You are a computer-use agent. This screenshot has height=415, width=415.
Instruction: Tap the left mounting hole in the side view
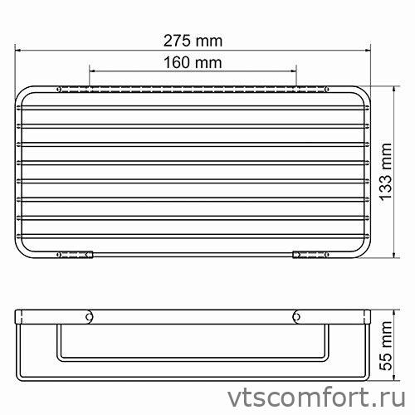pos(89,315)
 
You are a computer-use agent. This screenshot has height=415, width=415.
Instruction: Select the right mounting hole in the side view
pos(297,315)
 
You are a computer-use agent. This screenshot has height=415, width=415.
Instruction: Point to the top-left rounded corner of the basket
pos(25,90)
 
